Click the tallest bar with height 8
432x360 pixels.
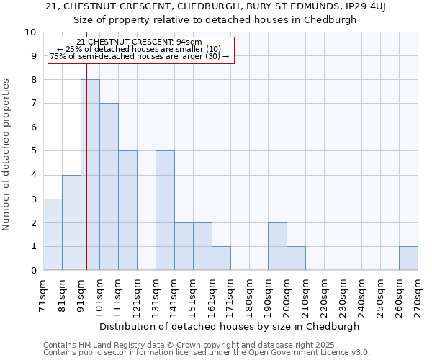point(90,175)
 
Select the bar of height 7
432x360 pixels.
point(109,186)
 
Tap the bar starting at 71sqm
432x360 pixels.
point(53,234)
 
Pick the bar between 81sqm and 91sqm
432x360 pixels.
point(71,222)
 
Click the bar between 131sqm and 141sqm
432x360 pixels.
point(165,210)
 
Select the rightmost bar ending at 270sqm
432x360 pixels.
point(408,258)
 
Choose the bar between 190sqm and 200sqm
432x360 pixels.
point(277,246)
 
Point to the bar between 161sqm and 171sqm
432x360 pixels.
point(221,258)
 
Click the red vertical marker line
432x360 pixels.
point(86,158)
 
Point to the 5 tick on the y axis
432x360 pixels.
point(33,151)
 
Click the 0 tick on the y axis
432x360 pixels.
point(33,271)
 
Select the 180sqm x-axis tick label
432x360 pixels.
point(249,293)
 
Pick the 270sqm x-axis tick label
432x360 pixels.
point(418,293)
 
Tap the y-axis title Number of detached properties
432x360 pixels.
point(6,155)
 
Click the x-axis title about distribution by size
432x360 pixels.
point(229,326)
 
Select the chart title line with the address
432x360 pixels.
point(215,6)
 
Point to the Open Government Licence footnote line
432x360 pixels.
point(207,353)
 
